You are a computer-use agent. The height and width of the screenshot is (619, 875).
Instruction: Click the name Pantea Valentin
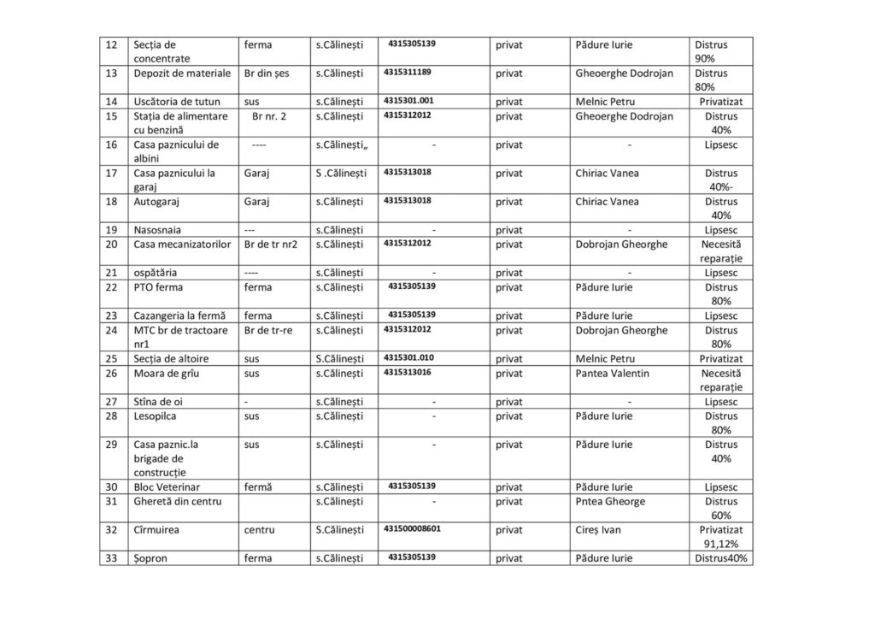[x=612, y=374]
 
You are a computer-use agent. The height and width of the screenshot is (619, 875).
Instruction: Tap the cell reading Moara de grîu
[x=166, y=374]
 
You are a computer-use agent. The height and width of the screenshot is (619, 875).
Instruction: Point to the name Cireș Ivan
[x=598, y=530]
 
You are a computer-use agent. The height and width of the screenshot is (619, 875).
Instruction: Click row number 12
[x=110, y=44]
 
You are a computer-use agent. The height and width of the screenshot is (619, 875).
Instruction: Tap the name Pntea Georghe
[x=610, y=502]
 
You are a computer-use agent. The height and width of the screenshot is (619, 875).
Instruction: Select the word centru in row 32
[x=260, y=530]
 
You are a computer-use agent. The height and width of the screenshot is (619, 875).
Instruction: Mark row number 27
[x=110, y=402]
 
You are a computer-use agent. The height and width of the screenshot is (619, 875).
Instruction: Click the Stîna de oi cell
[x=158, y=402]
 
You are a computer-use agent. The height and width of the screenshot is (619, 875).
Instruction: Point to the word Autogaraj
[x=158, y=202]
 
